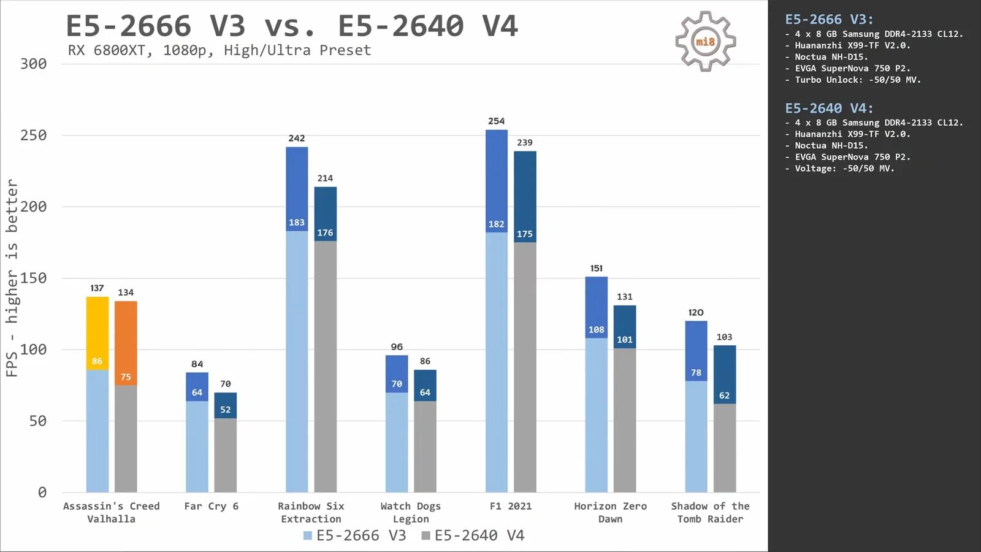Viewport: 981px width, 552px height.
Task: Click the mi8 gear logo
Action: click(x=705, y=42)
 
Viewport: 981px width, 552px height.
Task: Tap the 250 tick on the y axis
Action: click(x=33, y=136)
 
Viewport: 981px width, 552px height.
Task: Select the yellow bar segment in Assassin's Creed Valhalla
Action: click(x=97, y=333)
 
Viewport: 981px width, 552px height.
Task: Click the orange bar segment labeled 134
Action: click(x=126, y=343)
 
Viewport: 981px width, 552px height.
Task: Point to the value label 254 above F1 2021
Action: click(x=496, y=121)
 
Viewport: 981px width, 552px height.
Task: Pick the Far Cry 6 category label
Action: click(x=211, y=506)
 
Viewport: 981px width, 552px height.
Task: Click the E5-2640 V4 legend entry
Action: click(x=473, y=535)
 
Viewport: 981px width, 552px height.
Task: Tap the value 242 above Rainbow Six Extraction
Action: click(x=297, y=139)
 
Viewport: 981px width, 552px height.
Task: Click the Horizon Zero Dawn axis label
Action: click(x=610, y=512)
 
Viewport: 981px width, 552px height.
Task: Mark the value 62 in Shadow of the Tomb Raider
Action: click(x=724, y=396)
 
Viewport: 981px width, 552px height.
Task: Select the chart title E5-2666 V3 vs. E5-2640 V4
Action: click(x=292, y=26)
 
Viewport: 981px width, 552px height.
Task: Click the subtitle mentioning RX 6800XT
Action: click(x=219, y=50)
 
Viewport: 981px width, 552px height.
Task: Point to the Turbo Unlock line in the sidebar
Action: click(x=857, y=80)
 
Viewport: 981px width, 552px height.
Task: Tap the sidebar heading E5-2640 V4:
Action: click(x=829, y=109)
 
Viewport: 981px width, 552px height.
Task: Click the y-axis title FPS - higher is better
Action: click(x=12, y=278)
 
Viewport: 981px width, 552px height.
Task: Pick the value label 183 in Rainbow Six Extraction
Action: click(x=297, y=223)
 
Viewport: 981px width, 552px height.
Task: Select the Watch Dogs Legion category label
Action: click(x=410, y=512)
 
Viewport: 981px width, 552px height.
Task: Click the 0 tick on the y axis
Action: click(x=42, y=493)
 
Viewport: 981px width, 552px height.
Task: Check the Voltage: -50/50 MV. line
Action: click(x=844, y=169)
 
